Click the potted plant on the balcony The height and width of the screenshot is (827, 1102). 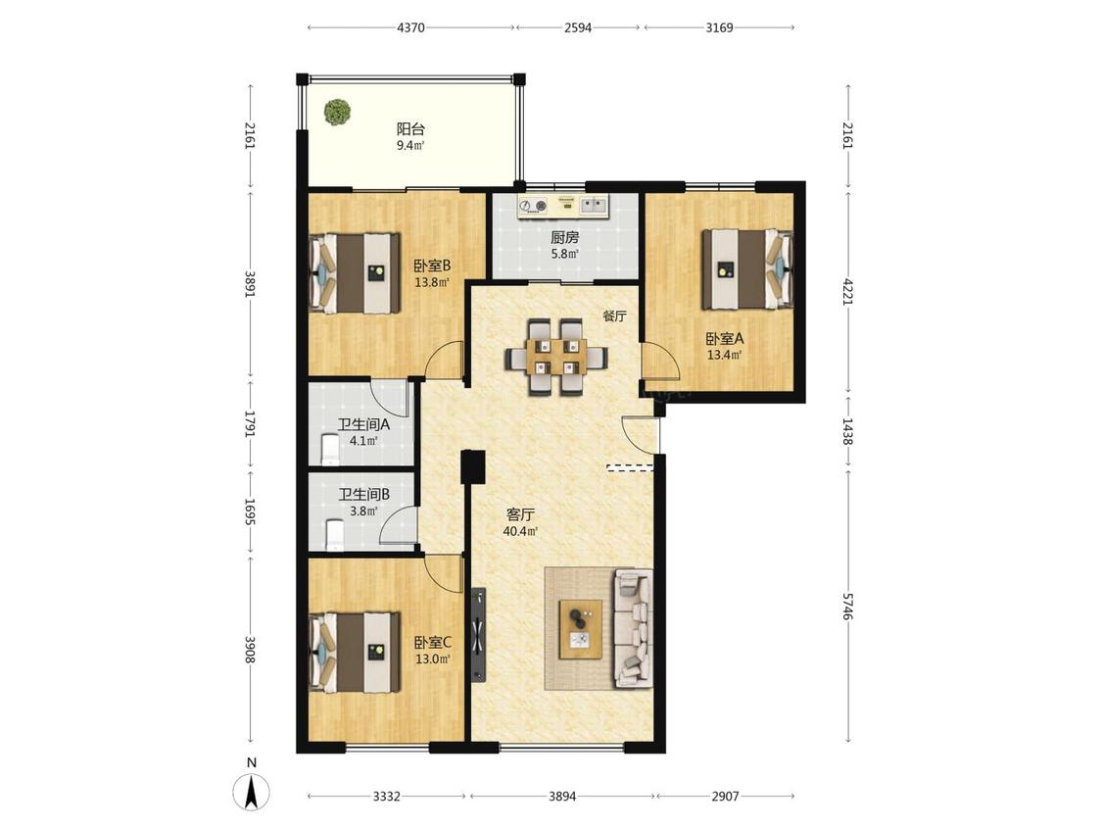[x=337, y=112]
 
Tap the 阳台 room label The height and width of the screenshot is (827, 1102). [x=410, y=128]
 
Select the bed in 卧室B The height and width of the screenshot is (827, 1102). [x=355, y=272]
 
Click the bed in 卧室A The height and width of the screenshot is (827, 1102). [x=747, y=268]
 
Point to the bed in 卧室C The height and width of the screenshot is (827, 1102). [x=355, y=652]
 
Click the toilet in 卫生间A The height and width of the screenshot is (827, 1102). [x=329, y=450]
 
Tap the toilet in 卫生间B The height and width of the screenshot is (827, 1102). [x=335, y=534]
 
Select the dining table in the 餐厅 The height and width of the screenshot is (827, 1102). [x=556, y=358]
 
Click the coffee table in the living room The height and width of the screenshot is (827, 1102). [x=581, y=629]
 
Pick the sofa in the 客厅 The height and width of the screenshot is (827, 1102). [x=634, y=627]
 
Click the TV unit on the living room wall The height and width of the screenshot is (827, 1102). [x=479, y=635]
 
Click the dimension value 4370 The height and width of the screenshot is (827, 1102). [x=410, y=27]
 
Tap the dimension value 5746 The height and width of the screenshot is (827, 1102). [x=847, y=607]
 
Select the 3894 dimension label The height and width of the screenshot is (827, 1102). [x=562, y=796]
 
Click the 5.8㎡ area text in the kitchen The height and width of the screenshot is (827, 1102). [x=565, y=254]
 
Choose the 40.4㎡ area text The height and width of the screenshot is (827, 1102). [x=521, y=532]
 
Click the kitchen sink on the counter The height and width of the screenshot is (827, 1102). [x=594, y=206]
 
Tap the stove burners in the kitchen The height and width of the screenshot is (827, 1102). [x=533, y=206]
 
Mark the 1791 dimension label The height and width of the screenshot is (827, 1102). [x=250, y=423]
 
